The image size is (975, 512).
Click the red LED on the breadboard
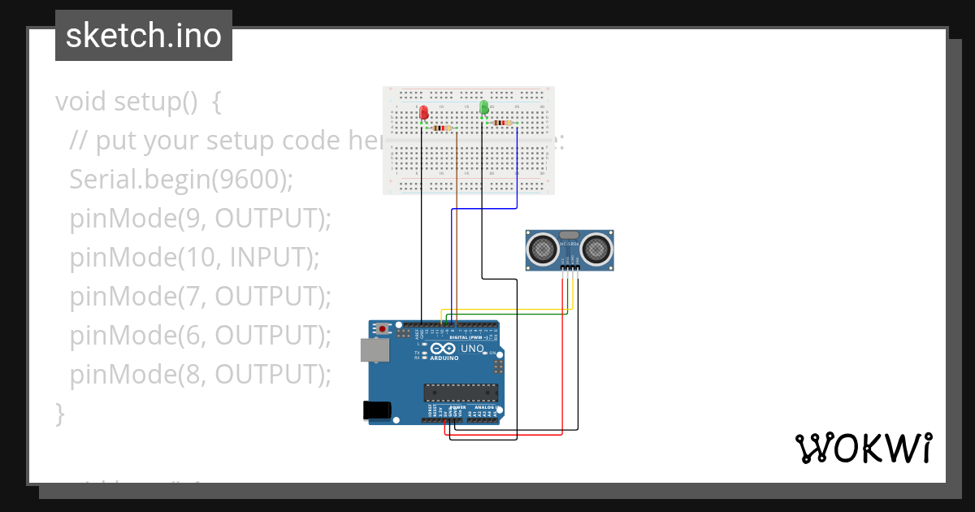[423, 114]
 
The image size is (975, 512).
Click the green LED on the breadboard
[484, 107]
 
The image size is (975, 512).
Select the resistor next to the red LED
[441, 128]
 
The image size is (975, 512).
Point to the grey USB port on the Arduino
[374, 349]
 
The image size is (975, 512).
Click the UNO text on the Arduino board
[473, 349]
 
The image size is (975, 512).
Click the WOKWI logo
[863, 449]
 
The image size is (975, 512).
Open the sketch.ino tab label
[144, 36]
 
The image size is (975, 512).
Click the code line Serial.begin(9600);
[180, 180]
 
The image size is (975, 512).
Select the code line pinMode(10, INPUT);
[194, 258]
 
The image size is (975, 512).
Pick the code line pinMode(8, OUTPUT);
[201, 374]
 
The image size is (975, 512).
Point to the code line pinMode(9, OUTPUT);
[201, 219]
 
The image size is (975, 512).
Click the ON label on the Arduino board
[492, 353]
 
